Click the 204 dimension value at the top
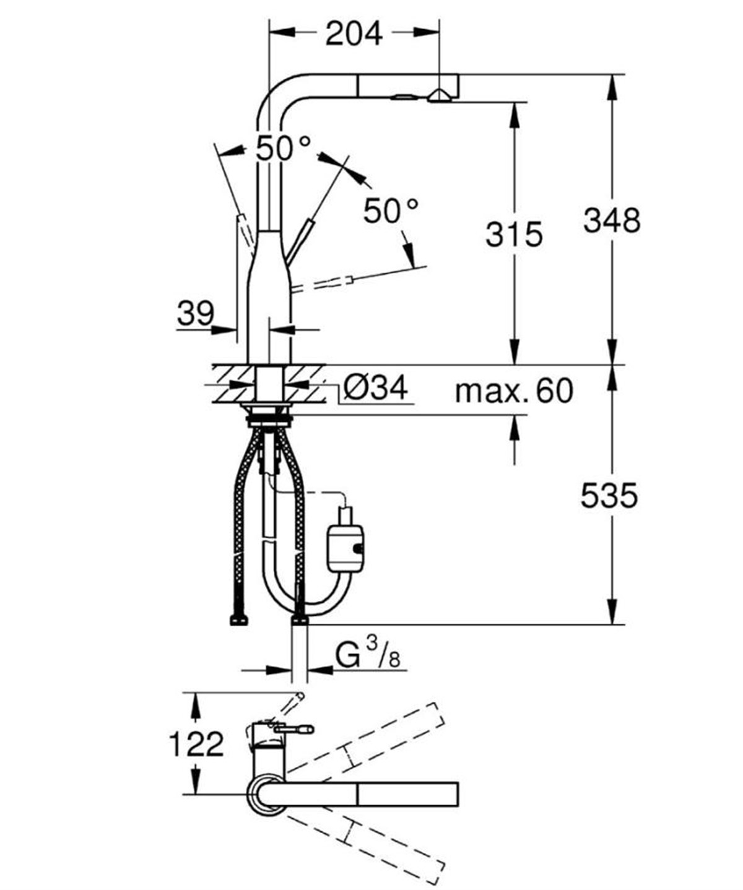[x=354, y=33]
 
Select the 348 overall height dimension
[x=611, y=220]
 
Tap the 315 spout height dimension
[x=514, y=234]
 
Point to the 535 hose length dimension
[x=609, y=496]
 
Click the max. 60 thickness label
[x=513, y=391]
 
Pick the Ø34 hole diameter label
[x=375, y=389]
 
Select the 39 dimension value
[x=195, y=313]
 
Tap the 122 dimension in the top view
[x=196, y=744]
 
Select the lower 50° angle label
[x=391, y=211]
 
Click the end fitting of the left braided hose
[x=238, y=620]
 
